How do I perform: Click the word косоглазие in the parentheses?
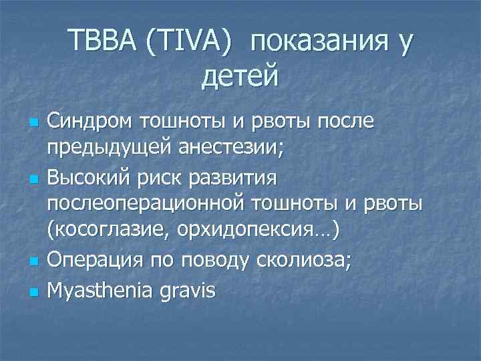pos(110,231)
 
